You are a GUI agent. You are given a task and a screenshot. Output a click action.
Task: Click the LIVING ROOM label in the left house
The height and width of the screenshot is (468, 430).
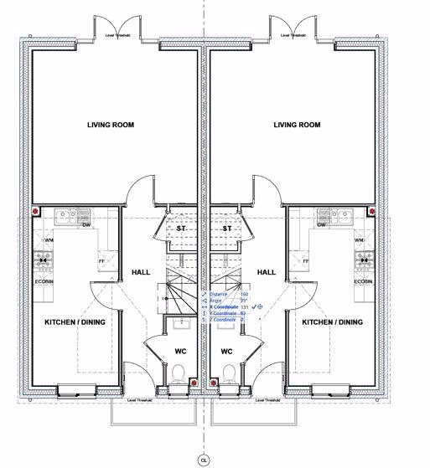111,125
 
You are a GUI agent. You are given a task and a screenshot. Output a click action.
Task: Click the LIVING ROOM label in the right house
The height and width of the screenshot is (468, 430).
297,125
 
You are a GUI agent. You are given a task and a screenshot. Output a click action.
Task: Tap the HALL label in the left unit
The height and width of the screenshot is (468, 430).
140,272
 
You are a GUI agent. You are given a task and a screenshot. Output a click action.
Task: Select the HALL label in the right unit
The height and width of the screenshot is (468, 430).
267,272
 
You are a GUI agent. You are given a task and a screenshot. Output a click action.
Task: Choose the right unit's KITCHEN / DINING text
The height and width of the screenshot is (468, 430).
333,321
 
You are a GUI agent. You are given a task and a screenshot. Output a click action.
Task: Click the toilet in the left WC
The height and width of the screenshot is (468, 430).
179,375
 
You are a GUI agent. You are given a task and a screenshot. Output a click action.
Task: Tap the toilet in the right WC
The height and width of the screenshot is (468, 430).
228,375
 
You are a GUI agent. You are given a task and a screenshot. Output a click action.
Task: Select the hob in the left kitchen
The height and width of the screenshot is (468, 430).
41,260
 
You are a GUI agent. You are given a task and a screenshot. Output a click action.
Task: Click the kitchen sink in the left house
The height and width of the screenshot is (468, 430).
66,217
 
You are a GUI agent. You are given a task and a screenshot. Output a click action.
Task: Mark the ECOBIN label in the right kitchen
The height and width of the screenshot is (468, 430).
363,282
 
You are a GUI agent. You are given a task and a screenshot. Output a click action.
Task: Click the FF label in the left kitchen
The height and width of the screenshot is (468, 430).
101,260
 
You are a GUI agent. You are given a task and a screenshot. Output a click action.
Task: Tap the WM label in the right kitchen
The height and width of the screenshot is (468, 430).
360,241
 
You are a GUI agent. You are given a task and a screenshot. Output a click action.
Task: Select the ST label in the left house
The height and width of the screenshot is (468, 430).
180,228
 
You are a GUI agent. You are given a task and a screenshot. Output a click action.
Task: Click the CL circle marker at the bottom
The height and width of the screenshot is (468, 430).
202,459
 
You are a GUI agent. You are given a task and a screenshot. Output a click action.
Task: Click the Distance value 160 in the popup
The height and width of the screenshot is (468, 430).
244,295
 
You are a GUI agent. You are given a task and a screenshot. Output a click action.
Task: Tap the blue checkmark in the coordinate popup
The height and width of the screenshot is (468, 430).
254,306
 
